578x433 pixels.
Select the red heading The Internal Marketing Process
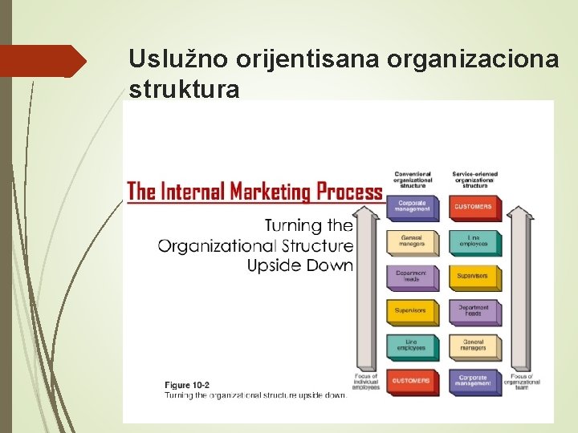254,191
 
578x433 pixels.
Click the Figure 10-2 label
187,386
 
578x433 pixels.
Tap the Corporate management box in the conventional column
413,207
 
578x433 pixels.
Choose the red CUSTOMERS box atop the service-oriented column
474,207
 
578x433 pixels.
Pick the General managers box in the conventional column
413,241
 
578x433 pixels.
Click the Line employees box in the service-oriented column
474,241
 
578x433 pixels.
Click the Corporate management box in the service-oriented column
474,380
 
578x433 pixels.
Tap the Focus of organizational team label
522,382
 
